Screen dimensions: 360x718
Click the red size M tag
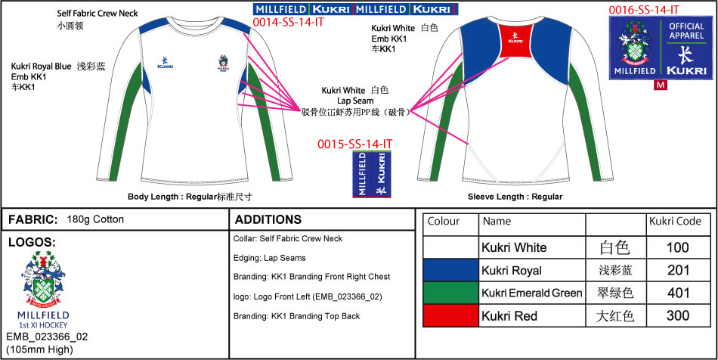661,85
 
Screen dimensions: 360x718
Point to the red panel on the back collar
514,41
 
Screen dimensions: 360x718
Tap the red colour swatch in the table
450,315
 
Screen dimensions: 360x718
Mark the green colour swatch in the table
450,293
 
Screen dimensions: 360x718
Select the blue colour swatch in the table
450,270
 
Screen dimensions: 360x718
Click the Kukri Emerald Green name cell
532,293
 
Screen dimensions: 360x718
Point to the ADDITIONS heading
268,220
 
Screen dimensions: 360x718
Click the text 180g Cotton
95,219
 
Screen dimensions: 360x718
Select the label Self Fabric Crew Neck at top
97,14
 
